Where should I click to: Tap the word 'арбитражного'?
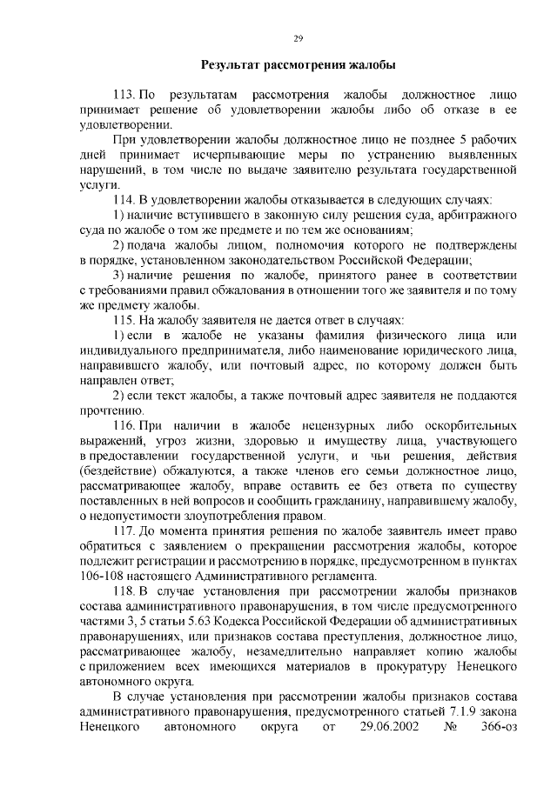point(477,215)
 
